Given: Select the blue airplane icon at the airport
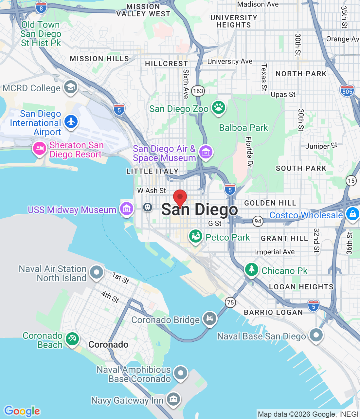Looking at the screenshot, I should click(71, 122).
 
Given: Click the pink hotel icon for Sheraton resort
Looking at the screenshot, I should click(40, 149).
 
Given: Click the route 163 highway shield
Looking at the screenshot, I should click(198, 91).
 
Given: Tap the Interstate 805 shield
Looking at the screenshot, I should click(347, 91).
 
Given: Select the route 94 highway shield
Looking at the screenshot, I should click(258, 221).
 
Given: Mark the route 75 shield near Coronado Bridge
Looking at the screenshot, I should click(230, 302).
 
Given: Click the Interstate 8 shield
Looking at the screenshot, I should click(41, 8).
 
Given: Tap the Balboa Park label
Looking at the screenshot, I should click(243, 128).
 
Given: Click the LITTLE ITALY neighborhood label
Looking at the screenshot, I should click(152, 171).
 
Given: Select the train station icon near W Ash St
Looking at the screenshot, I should click(148, 207).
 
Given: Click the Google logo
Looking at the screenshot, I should click(22, 411).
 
